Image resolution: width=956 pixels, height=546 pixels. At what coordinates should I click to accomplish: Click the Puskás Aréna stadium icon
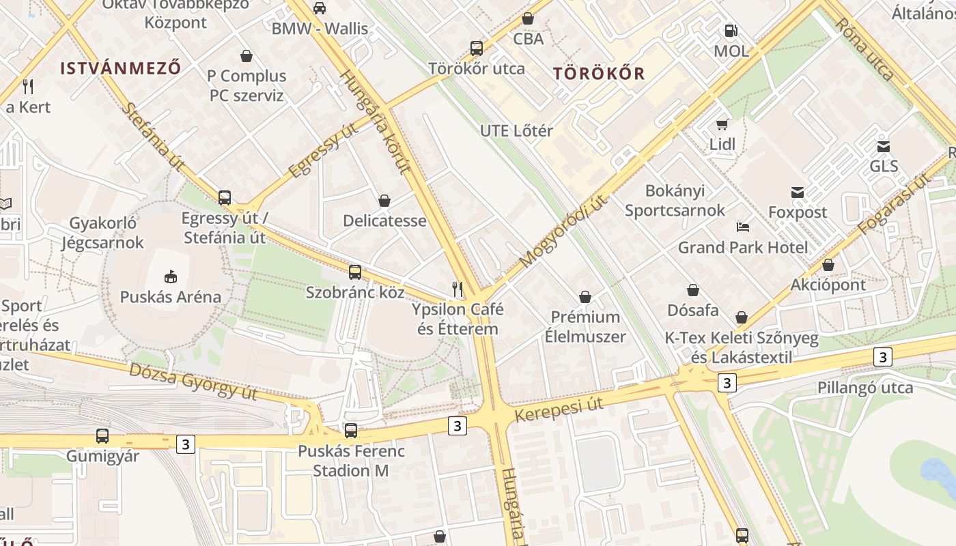tap(170, 276)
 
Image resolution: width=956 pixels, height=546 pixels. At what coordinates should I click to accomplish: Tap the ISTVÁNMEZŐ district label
tap(121, 68)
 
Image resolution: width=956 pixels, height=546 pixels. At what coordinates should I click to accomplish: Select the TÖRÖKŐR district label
tap(599, 74)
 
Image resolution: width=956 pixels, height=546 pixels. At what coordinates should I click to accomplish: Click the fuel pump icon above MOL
tap(731, 31)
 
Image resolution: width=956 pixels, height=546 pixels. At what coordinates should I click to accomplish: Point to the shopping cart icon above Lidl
tap(722, 124)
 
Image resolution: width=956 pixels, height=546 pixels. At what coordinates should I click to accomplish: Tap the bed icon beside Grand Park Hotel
tap(743, 227)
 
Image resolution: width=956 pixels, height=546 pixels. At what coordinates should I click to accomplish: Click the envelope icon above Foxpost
tap(797, 192)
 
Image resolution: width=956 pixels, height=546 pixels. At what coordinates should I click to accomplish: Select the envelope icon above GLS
tap(884, 146)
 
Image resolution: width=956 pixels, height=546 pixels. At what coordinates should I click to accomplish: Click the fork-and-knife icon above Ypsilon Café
tap(458, 289)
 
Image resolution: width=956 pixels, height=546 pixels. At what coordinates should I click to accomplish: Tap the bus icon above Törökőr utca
tap(477, 48)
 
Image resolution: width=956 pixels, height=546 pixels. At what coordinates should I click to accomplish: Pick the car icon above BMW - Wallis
tap(319, 8)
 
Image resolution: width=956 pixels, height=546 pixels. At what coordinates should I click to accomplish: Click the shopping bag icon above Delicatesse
tap(384, 201)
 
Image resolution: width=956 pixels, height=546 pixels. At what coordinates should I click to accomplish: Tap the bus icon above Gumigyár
tap(102, 435)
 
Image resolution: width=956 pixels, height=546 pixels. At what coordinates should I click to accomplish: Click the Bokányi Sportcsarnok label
tap(675, 200)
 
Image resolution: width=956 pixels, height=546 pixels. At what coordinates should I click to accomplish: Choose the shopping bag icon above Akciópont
tap(828, 265)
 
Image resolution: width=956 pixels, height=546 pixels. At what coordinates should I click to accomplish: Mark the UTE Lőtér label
tap(516, 130)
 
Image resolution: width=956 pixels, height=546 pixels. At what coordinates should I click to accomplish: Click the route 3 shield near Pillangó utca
tap(883, 356)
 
